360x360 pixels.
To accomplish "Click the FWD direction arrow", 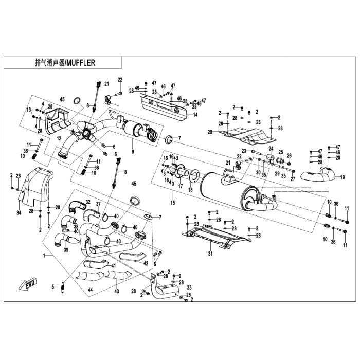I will tap(26, 283).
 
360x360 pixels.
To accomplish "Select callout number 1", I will tap(44, 255).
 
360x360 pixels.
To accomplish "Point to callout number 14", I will tap(195, 115).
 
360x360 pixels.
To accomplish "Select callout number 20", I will tap(210, 133).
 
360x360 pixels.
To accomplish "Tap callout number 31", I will tap(210, 254).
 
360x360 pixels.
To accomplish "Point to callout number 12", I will tap(60, 138).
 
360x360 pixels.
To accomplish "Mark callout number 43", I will tap(116, 291).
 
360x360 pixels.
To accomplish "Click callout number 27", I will tap(292, 179).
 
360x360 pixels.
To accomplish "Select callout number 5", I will tap(52, 286).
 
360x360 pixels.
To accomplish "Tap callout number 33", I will tap(189, 287).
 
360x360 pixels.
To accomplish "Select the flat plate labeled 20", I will tap(242, 136).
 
